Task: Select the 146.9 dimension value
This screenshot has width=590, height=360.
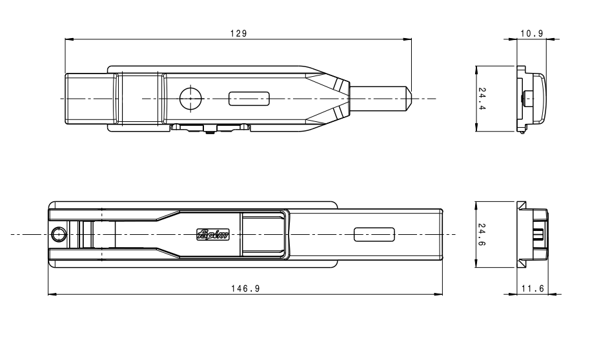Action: pyautogui.click(x=246, y=288)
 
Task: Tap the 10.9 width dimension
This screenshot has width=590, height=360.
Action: pyautogui.click(x=531, y=33)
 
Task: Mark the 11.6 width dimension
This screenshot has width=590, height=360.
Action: pyautogui.click(x=532, y=288)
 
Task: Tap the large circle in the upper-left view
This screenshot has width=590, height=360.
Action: pyautogui.click(x=190, y=99)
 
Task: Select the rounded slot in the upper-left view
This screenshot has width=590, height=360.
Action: pyautogui.click(x=249, y=99)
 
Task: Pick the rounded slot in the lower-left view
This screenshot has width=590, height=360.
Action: pyautogui.click(x=374, y=234)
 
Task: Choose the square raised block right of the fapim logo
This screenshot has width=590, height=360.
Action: pyautogui.click(x=262, y=234)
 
